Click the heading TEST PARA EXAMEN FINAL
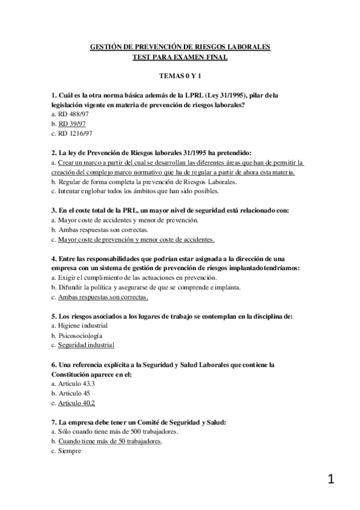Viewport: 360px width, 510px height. click(180, 57)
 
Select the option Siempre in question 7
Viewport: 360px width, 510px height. click(69, 450)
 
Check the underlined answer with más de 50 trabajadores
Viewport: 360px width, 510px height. click(110, 441)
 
